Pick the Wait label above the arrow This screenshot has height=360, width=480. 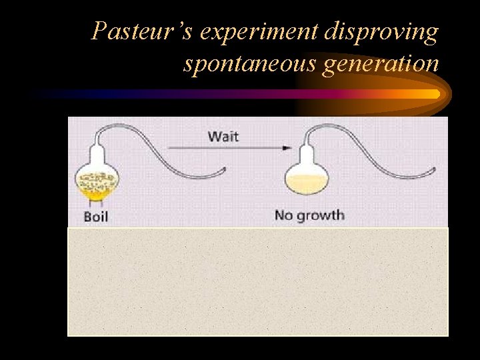(x=223, y=137)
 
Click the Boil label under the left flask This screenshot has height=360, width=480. (x=95, y=217)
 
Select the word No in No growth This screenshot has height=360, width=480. (x=284, y=215)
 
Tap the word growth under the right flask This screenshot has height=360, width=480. (x=319, y=215)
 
